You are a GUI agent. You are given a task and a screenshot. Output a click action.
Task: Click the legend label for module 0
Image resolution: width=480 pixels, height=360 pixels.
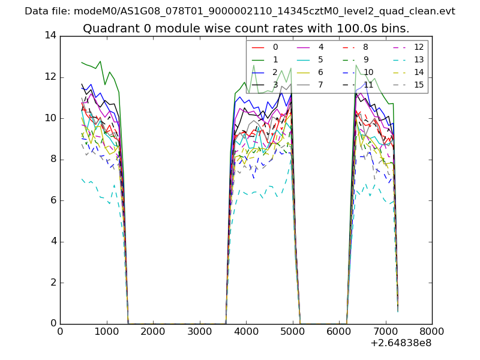275,47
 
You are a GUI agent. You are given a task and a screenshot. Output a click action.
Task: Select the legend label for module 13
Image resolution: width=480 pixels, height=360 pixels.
419,59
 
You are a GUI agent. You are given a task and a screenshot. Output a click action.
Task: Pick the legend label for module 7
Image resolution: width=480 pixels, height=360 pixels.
320,85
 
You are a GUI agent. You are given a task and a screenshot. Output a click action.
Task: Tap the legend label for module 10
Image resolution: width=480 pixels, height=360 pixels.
368,72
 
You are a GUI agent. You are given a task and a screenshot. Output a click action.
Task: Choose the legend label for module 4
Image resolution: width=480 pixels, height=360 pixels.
320,47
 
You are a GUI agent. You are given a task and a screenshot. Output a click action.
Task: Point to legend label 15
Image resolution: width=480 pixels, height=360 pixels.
419,85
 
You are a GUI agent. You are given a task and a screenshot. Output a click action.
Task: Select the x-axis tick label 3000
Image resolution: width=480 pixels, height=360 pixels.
199,331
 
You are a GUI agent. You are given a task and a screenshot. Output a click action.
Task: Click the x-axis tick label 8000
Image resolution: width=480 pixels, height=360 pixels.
432,331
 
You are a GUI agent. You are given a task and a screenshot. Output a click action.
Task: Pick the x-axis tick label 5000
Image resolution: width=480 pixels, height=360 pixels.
292,331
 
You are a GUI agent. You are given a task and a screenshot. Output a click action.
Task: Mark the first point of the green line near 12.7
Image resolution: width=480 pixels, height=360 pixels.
82,62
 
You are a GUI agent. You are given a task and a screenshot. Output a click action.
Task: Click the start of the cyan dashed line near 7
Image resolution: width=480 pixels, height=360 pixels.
82,178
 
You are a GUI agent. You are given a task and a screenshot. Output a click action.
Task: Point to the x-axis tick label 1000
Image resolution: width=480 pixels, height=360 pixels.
106,331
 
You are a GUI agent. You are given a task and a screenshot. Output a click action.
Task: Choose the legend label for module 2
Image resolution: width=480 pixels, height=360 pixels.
275,72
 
